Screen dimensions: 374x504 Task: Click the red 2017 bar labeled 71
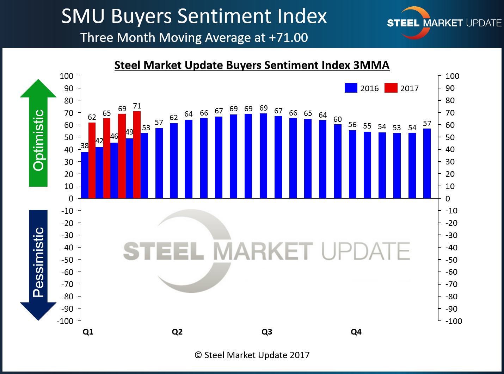pyautogui.click(x=137, y=155)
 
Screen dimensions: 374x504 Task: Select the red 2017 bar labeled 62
pyautogui.click(x=92, y=160)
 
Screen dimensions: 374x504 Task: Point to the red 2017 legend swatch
pyautogui.click(x=391, y=88)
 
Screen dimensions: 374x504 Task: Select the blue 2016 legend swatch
pyautogui.click(x=351, y=88)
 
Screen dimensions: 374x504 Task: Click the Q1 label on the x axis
pyautogui.click(x=88, y=332)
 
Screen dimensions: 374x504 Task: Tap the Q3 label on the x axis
pyautogui.click(x=267, y=332)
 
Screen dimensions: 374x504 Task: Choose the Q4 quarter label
pyautogui.click(x=356, y=332)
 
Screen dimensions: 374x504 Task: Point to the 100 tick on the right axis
pyautogui.click(x=452, y=76)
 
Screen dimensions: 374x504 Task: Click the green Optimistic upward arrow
pyautogui.click(x=38, y=134)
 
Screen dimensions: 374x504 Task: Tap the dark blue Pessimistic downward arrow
pyautogui.click(x=38, y=264)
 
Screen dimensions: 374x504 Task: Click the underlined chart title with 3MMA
pyautogui.click(x=252, y=66)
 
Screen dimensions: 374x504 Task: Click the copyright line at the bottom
pyautogui.click(x=252, y=355)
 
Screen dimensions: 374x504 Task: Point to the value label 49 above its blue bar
pyautogui.click(x=129, y=132)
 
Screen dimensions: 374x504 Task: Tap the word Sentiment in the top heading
pyautogui.click(x=225, y=16)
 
